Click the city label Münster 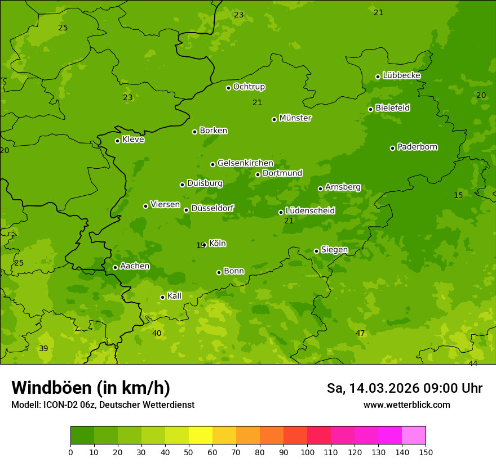(x=295, y=118)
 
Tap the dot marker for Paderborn (x=393, y=148)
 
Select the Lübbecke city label (x=401, y=75)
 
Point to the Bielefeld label (x=392, y=108)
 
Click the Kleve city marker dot (x=117, y=141)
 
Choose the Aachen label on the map (x=135, y=266)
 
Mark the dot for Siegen (x=316, y=251)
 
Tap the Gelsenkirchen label (x=245, y=163)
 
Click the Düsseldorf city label (x=212, y=208)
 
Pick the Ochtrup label (x=249, y=87)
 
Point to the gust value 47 (x=360, y=334)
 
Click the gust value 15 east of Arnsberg (x=458, y=195)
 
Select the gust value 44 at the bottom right (x=473, y=364)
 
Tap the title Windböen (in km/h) (x=91, y=388)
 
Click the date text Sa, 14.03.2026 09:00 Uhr (x=405, y=388)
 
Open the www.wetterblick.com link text (x=406, y=405)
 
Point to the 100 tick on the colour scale (x=307, y=452)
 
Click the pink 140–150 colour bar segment (x=414, y=435)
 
